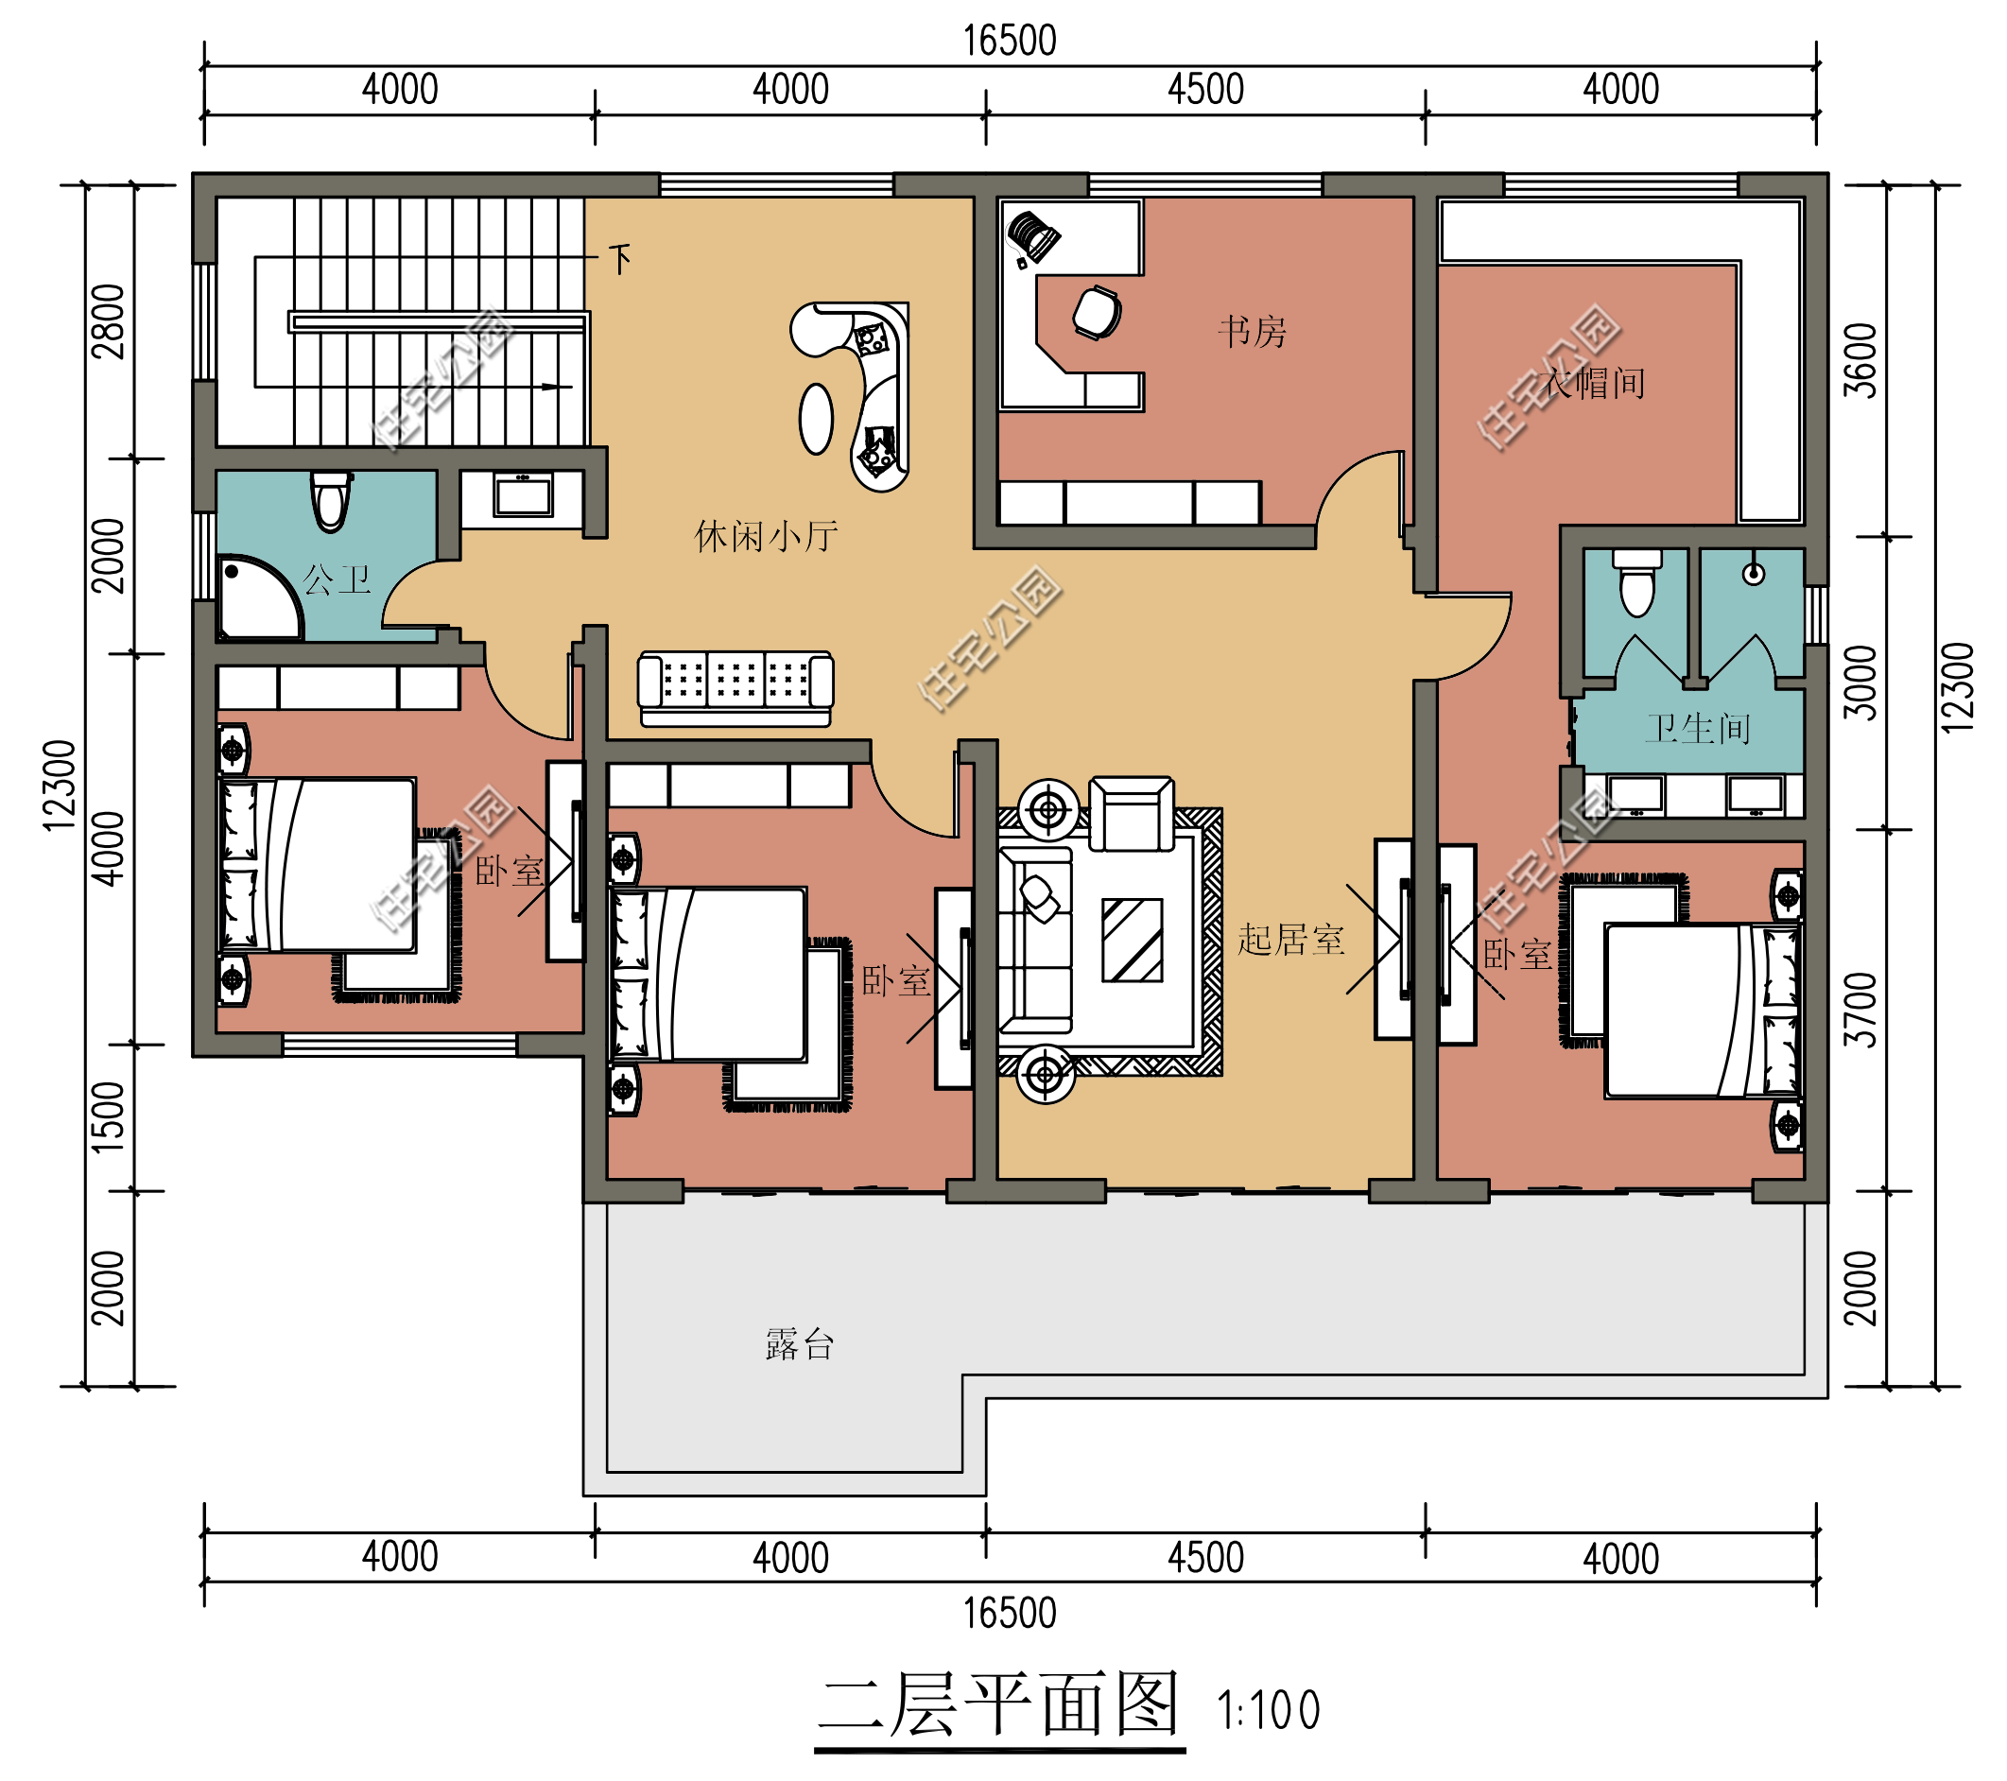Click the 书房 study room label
[1252, 332]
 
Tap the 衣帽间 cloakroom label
[1594, 383]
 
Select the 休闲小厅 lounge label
[766, 536]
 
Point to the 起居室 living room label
[1290, 940]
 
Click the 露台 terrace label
[799, 1344]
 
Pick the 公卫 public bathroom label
[337, 579]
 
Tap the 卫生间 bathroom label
[1698, 729]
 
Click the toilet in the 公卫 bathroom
[331, 501]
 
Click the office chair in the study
[1097, 312]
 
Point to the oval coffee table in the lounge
[816, 418]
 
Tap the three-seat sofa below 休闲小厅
[735, 688]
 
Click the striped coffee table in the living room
[1133, 940]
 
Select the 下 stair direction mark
[619, 259]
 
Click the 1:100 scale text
[1268, 1710]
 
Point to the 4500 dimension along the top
[1205, 90]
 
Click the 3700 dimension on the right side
[1860, 1011]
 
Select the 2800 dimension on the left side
[108, 321]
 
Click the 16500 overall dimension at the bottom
[1010, 1614]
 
